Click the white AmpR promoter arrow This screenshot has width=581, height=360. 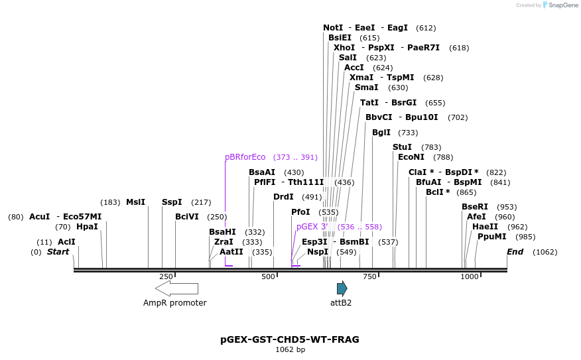[176, 288]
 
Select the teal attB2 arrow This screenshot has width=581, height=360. [342, 288]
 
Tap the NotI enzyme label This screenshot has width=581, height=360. [333, 28]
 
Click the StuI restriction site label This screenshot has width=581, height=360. [402, 147]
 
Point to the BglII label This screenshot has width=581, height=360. [381, 133]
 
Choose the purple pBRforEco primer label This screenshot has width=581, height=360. [245, 157]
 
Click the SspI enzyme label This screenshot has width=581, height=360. [172, 202]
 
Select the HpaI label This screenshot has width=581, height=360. [87, 227]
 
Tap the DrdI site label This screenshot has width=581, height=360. [283, 197]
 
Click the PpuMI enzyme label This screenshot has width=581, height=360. [491, 237]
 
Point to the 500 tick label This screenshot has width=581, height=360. [268, 276]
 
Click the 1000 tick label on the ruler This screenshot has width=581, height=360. [469, 276]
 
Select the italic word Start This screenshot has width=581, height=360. [58, 252]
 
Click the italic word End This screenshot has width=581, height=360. [515, 252]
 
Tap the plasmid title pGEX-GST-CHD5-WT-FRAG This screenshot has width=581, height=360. [290, 339]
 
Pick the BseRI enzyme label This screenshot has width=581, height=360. [474, 207]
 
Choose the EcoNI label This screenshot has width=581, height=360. [411, 157]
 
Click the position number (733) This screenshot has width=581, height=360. [408, 133]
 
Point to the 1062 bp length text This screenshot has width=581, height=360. [290, 349]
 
